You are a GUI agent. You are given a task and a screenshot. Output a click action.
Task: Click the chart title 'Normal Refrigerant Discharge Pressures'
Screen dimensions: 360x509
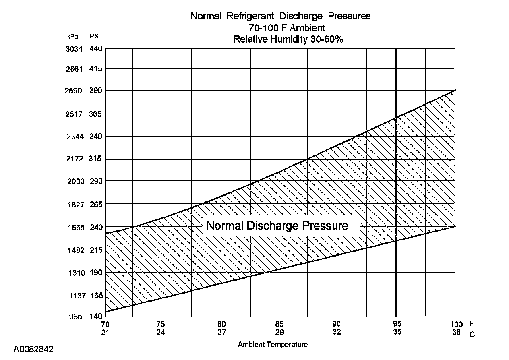point(280,16)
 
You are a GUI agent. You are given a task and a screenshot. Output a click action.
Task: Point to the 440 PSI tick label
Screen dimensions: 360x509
point(96,49)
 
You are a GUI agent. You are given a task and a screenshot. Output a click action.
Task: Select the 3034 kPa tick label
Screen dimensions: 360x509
point(74,49)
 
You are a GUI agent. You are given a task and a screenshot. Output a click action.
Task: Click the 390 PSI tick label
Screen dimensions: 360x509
point(96,91)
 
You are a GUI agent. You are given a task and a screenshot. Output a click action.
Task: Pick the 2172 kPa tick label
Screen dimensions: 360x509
point(74,159)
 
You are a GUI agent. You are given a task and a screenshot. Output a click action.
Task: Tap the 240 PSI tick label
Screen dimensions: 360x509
point(96,228)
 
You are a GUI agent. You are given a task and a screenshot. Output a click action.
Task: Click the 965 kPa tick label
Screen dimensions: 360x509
point(76,317)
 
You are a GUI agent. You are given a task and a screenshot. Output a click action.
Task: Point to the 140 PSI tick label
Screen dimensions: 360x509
point(96,317)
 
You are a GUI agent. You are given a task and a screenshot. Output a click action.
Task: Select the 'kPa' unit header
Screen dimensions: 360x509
point(73,36)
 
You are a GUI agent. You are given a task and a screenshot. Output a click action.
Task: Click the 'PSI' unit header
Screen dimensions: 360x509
point(95,36)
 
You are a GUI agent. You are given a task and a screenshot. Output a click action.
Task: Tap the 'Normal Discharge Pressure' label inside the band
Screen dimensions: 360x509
point(277,226)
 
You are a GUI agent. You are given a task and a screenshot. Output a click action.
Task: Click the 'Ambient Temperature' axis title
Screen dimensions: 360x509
point(273,345)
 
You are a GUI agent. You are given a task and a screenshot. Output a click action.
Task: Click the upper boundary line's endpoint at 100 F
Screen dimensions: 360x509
point(455,90)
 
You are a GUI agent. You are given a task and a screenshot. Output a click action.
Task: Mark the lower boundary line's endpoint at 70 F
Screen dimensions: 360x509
point(105,312)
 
